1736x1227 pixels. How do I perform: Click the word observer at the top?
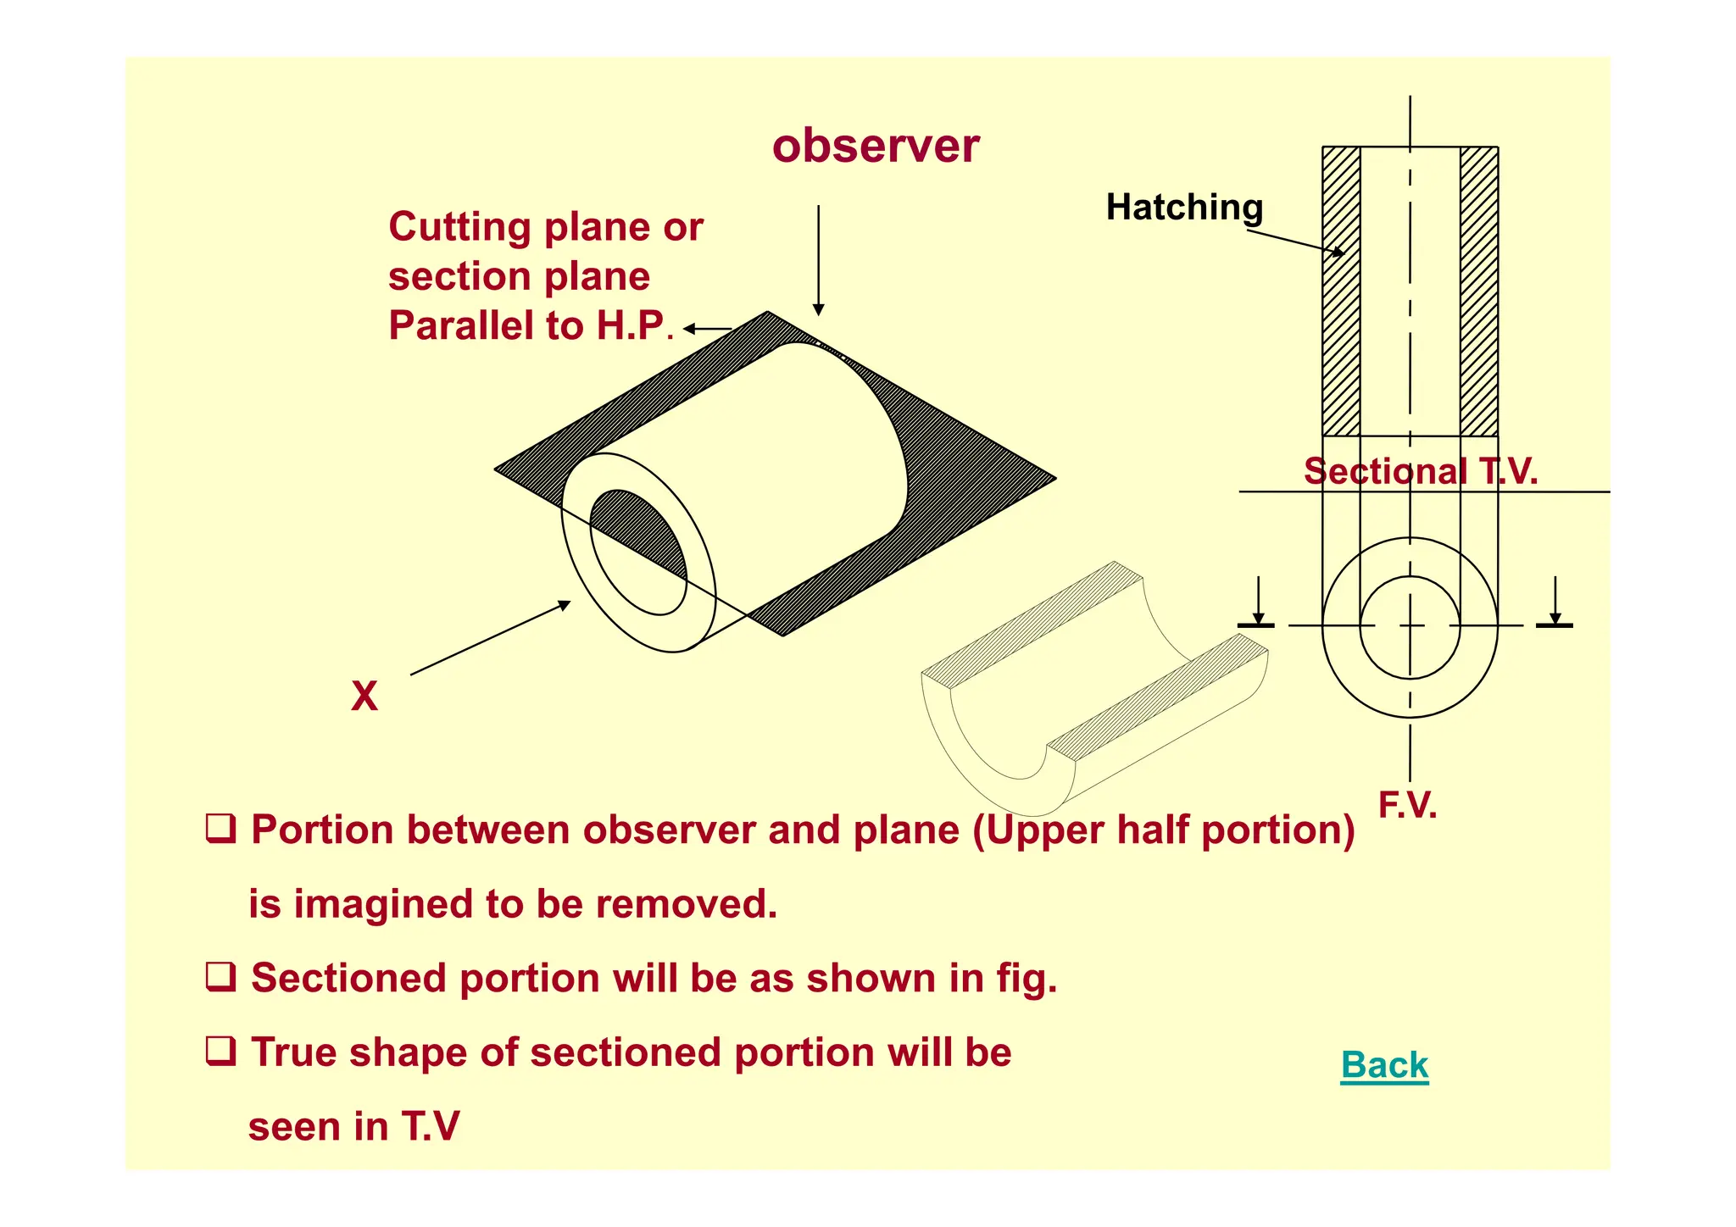point(875,146)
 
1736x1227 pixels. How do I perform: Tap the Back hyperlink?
point(1384,1064)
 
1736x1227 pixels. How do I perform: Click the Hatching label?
point(1184,208)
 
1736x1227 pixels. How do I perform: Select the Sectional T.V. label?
point(1420,471)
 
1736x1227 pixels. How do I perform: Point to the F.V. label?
point(1407,804)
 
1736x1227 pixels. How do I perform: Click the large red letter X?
point(364,697)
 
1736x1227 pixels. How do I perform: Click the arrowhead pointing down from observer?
point(818,309)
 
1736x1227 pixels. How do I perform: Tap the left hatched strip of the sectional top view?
point(1341,291)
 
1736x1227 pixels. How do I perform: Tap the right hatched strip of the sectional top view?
point(1478,291)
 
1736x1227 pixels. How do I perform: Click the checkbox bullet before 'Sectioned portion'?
point(221,976)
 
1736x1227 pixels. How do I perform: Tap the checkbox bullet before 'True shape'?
point(221,1051)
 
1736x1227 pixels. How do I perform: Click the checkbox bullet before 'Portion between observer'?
point(221,827)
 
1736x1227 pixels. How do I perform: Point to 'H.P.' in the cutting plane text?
point(632,326)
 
